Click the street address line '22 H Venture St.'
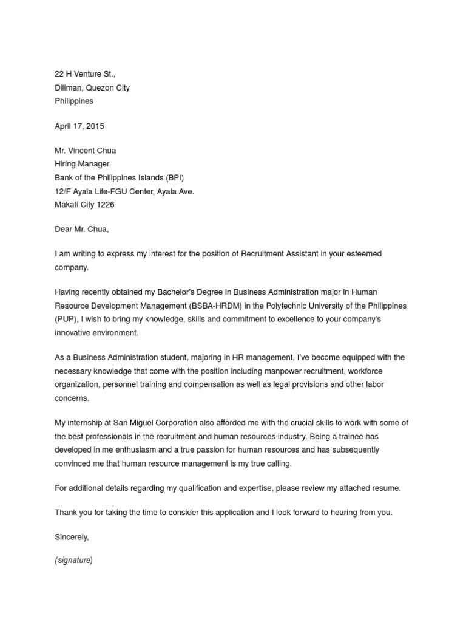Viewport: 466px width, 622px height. pos(85,74)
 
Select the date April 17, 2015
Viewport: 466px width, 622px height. pos(79,126)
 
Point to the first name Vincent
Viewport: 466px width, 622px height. pos(86,150)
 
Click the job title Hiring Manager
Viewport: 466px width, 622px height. pos(83,164)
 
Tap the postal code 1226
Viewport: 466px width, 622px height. pos(106,205)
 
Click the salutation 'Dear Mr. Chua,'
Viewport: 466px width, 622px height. pos(82,229)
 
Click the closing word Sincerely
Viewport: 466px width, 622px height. pos(72,537)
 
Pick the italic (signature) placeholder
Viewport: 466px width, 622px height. pos(73,560)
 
